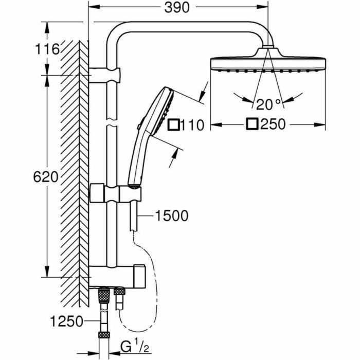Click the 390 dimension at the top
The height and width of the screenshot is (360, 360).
pos(178,7)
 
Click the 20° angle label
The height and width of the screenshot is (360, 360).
pos(269,105)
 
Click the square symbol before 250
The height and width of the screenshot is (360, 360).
pos(253,124)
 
